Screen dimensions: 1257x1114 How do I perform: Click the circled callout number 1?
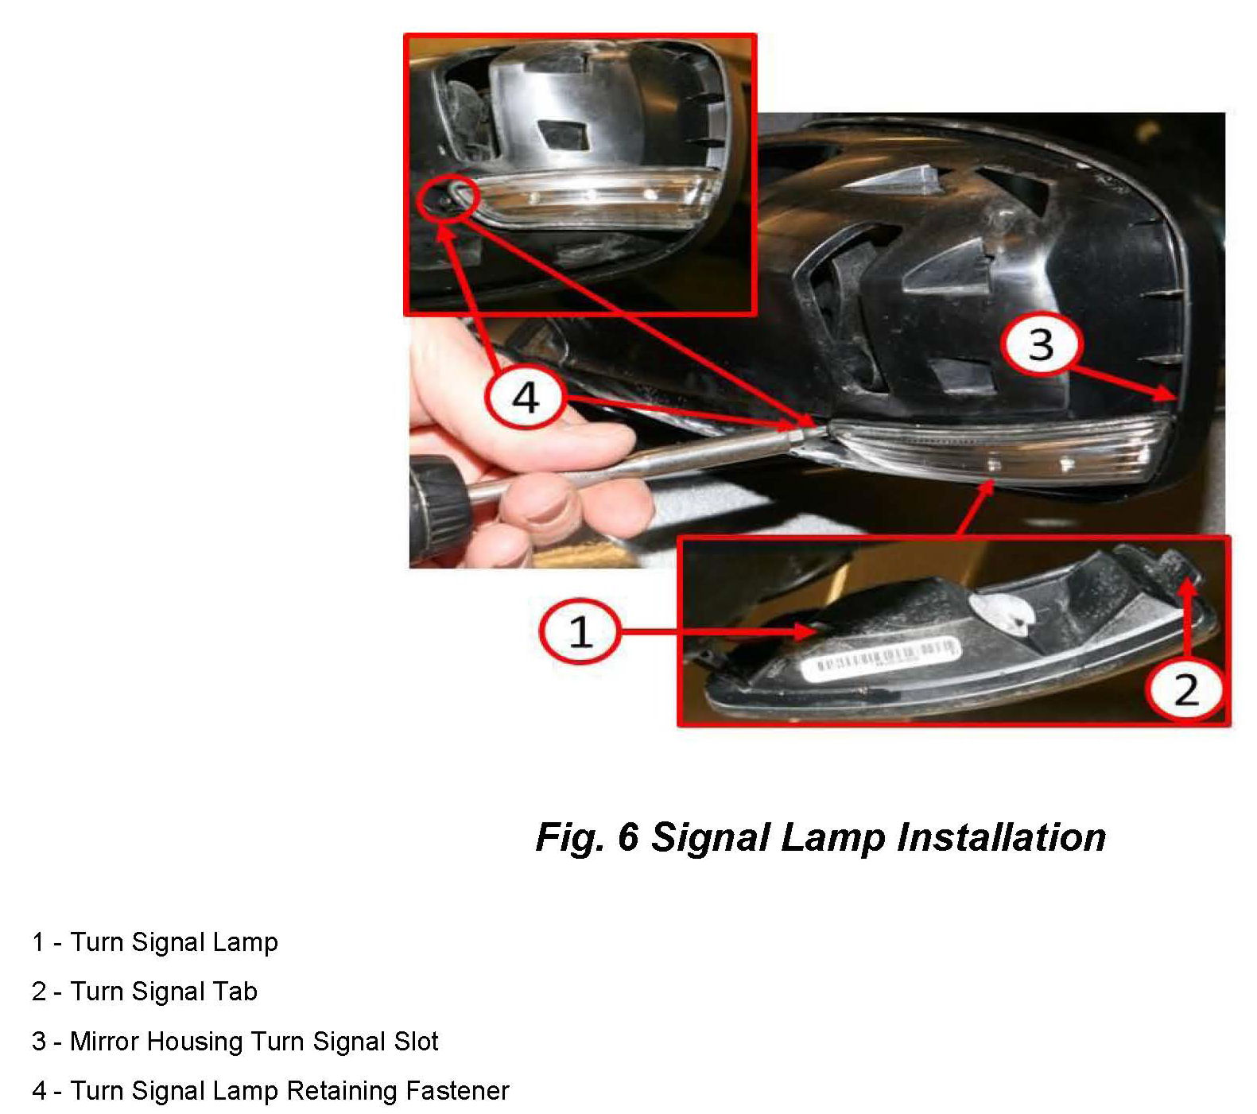tap(580, 631)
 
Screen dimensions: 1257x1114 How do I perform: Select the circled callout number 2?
tap(1185, 689)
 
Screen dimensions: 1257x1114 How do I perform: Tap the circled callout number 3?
tap(1042, 345)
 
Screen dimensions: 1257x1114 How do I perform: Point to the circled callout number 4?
tap(526, 396)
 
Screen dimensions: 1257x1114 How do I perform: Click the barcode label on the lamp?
tap(881, 658)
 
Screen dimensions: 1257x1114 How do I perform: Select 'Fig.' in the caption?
tap(569, 838)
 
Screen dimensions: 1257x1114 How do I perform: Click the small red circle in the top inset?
tap(448, 198)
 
